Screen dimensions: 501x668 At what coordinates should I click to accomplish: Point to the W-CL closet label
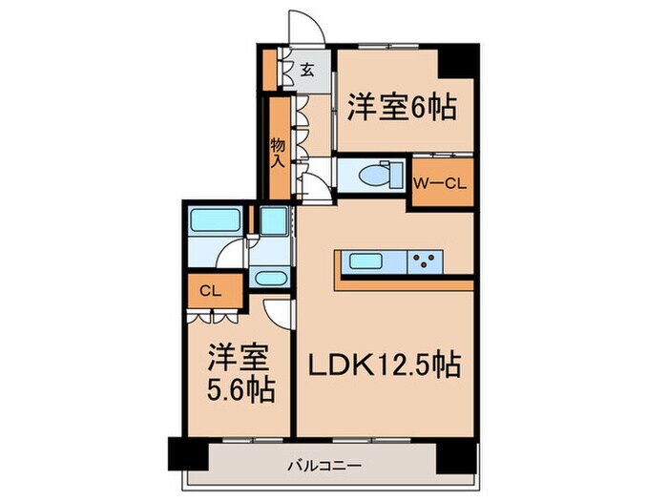click(441, 184)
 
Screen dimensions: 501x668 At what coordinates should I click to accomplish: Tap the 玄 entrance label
click(307, 70)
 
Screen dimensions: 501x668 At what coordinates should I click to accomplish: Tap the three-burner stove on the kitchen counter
click(426, 261)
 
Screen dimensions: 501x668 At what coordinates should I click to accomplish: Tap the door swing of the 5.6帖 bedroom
click(278, 311)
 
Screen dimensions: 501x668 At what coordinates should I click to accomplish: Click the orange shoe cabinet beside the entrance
click(269, 69)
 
